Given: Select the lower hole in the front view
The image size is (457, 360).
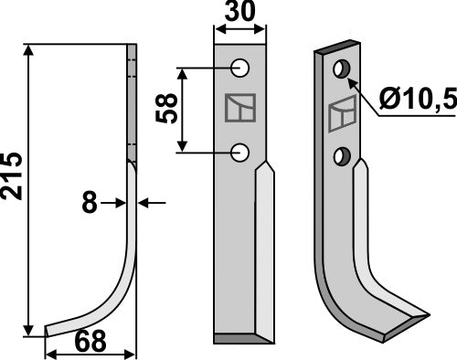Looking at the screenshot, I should [241, 152].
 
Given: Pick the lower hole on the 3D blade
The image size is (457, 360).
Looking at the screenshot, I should [341, 156].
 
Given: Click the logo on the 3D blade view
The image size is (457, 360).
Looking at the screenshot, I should [341, 114].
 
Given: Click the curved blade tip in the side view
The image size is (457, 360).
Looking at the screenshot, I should [55, 325].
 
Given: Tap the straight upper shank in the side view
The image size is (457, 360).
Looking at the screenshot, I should [133, 101].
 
